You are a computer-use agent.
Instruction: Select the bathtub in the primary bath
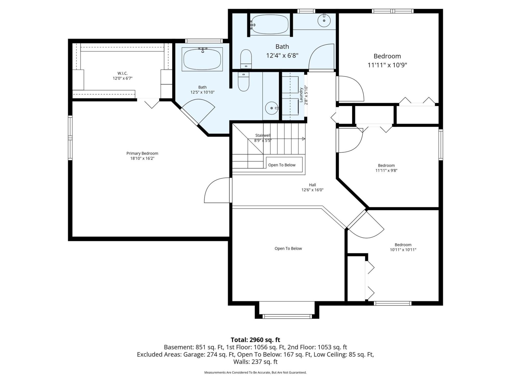(202, 59)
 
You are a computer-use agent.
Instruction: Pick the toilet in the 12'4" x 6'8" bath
(246, 59)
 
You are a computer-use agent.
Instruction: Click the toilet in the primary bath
(243, 81)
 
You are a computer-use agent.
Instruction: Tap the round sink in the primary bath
(272, 108)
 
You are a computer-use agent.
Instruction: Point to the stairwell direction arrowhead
(304, 139)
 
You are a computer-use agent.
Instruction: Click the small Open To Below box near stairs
(284, 165)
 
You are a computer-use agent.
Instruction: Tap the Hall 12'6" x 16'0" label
(312, 187)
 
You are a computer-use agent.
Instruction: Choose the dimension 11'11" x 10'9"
(387, 65)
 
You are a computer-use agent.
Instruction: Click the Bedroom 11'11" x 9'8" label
(386, 168)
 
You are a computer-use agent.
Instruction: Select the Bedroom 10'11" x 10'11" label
(403, 247)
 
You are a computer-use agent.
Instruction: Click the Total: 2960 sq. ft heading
(255, 340)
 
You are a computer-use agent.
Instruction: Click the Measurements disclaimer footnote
(255, 373)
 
